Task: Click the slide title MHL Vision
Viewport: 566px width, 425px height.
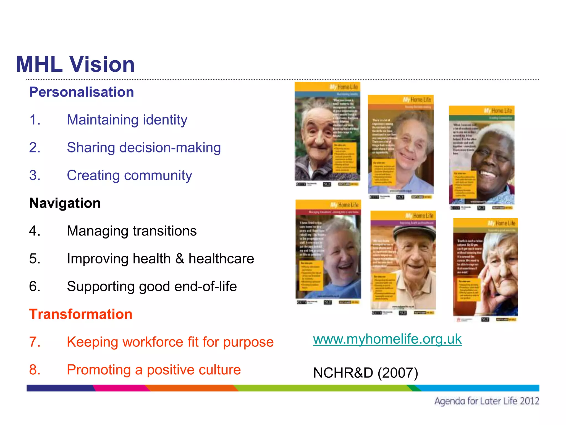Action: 75,64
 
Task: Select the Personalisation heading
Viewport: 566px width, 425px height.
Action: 82,92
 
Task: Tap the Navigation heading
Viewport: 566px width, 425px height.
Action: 65,203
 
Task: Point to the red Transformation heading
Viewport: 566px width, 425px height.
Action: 81,314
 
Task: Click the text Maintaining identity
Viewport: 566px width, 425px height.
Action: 127,120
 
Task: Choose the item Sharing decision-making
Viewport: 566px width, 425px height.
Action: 144,147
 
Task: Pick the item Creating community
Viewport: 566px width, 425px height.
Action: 129,175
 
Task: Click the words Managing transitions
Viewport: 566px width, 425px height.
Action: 132,231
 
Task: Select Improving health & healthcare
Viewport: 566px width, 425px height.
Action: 160,259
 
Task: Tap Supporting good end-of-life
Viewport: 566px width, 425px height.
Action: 152,286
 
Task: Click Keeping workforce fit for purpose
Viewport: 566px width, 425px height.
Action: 170,342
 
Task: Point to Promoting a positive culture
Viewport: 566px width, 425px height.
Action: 154,370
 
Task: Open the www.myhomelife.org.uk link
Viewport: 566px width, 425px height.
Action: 387,339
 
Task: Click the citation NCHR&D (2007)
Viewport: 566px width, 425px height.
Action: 365,373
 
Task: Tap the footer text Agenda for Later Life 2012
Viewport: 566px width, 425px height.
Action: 486,401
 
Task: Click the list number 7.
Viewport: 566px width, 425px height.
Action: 35,342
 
